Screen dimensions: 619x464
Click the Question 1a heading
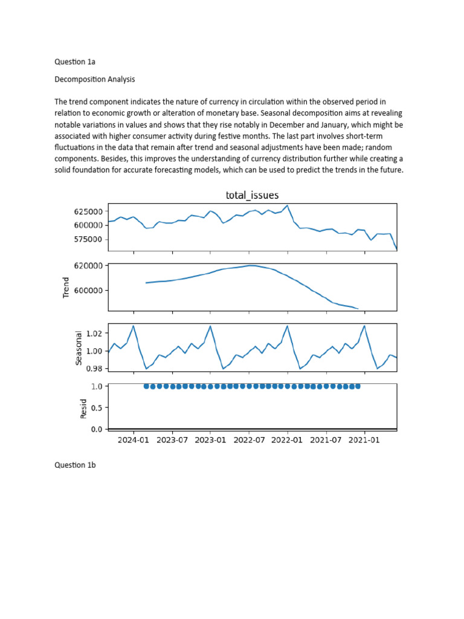pyautogui.click(x=75, y=61)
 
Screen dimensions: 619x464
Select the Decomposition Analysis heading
pyautogui.click(x=95, y=79)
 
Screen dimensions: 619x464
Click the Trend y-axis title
pyautogui.click(x=67, y=288)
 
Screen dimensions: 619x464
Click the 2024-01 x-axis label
pyautogui.click(x=134, y=440)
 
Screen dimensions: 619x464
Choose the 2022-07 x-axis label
pyautogui.click(x=249, y=440)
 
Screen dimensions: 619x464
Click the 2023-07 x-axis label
pyautogui.click(x=172, y=440)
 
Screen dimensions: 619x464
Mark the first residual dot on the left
pyautogui.click(x=146, y=386)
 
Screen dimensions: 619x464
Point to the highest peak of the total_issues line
pyautogui.click(x=288, y=206)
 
